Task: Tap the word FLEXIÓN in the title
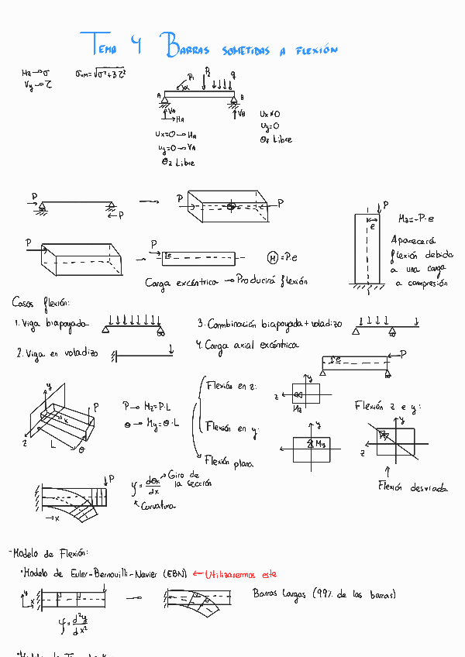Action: pos(317,50)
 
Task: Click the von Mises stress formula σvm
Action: pos(100,74)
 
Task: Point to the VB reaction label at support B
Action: pos(241,113)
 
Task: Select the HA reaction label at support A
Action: pos(179,120)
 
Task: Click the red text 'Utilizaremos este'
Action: pos(240,574)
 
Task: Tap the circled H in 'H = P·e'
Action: pos(273,257)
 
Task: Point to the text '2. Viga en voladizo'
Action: pos(57,353)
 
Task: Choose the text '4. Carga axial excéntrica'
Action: pos(246,346)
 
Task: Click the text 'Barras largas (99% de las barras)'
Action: pos(324,594)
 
